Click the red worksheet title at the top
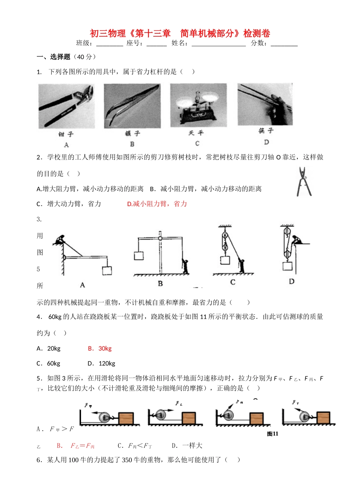point(180,33)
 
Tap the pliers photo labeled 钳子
point(66,106)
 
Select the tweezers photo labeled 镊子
point(132,106)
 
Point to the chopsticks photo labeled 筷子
point(265,104)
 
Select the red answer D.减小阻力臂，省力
point(157,204)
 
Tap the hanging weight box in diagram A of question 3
point(106,271)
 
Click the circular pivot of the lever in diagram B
point(160,238)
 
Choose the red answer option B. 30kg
point(100,349)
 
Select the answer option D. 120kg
point(102,363)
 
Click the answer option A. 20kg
point(49,349)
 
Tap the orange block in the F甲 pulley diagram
point(126,418)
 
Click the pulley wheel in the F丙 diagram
point(228,415)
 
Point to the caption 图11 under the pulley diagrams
point(272,434)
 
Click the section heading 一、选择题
point(53,57)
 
